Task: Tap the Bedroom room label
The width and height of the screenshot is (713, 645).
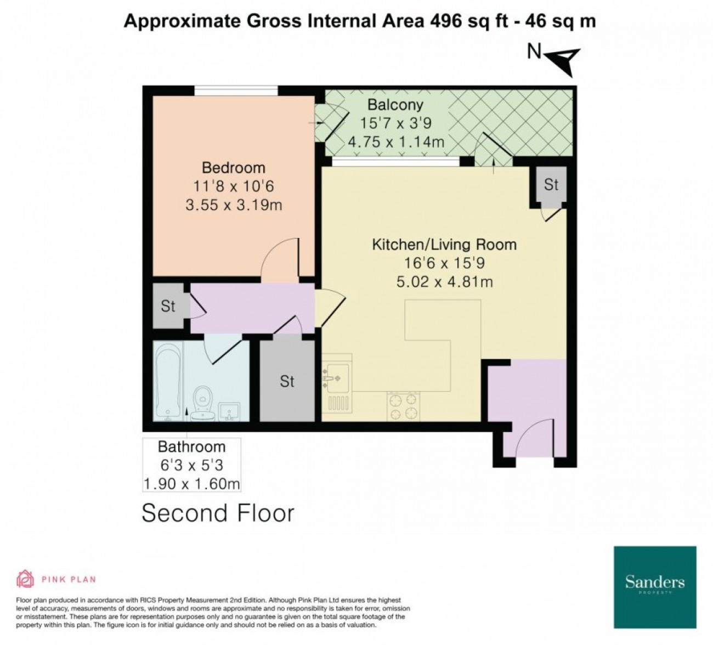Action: (234, 168)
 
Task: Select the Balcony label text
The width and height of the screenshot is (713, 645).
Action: (395, 105)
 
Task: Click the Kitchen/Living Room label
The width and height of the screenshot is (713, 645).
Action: (444, 245)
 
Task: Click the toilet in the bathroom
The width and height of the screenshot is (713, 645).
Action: (203, 403)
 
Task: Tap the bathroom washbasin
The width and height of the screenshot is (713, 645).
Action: (229, 411)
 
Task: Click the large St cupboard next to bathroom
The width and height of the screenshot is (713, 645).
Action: (287, 381)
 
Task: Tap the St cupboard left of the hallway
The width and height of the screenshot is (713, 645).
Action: (168, 306)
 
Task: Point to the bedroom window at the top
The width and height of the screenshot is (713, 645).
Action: (236, 90)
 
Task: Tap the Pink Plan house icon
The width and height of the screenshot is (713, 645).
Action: (25, 579)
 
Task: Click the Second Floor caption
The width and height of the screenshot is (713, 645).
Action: (218, 513)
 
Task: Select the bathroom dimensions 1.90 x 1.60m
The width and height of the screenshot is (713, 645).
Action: (191, 484)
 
